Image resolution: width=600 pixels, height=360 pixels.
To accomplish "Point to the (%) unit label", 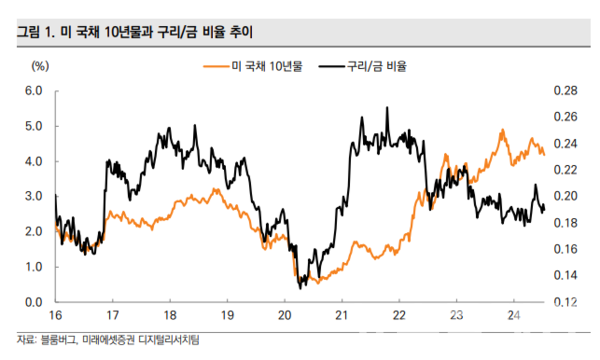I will [x=41, y=67].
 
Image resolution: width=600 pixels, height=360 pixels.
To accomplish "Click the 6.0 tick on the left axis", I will [x=32, y=91].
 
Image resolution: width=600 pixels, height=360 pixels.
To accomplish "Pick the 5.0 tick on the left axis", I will [x=32, y=126].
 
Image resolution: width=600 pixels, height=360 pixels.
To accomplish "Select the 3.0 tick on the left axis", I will [x=32, y=197].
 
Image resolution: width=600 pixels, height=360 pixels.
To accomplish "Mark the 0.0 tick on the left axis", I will [x=32, y=302].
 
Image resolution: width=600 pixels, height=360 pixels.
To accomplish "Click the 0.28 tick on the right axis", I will [x=565, y=91].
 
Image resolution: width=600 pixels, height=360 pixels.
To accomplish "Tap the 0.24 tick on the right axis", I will [x=565, y=144].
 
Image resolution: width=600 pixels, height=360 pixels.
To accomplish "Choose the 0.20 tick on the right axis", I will [x=565, y=197].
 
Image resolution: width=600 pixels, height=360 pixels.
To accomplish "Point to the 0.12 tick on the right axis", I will [x=565, y=302].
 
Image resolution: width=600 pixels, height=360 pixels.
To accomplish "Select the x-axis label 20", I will [x=284, y=315].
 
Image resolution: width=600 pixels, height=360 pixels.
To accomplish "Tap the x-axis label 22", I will [x=398, y=315].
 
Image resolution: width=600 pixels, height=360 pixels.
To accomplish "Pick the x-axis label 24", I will [x=512, y=315].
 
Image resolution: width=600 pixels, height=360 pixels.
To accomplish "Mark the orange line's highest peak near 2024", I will [x=500, y=130].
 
